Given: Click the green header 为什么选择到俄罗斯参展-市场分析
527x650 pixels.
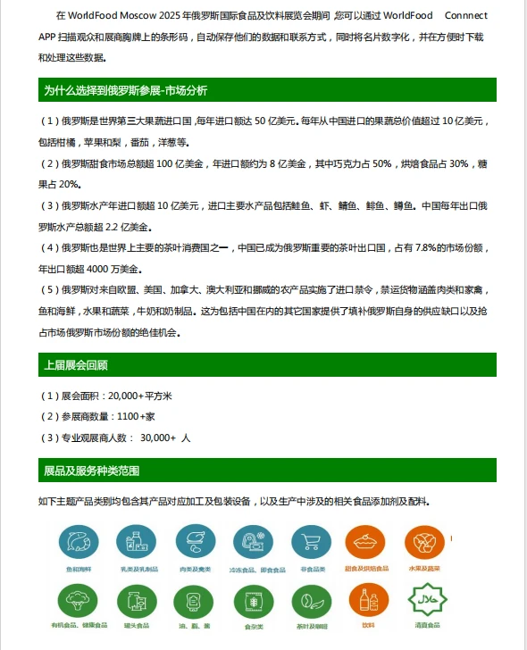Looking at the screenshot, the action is [x=126, y=90].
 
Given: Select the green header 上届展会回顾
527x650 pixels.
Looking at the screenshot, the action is [x=76, y=364].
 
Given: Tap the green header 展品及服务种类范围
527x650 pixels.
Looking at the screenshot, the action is [x=92, y=471].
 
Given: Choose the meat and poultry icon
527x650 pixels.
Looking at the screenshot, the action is [x=196, y=542].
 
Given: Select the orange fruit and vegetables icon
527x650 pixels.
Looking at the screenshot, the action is [x=424, y=542].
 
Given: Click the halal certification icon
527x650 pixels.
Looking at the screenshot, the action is [x=424, y=601].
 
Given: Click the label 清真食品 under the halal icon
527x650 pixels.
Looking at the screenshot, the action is [x=424, y=626].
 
